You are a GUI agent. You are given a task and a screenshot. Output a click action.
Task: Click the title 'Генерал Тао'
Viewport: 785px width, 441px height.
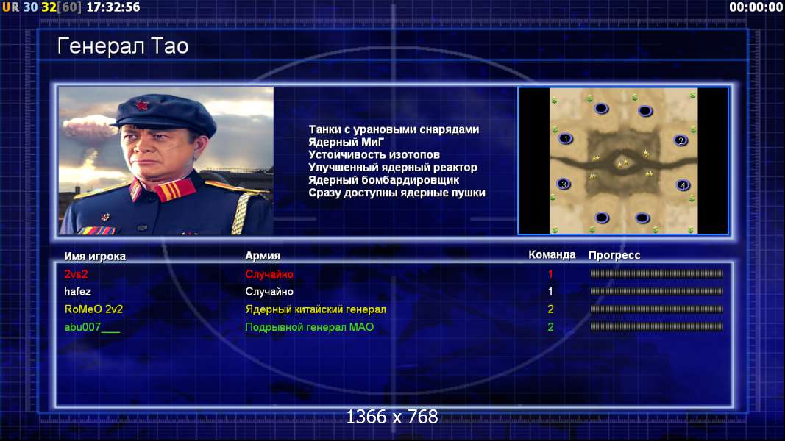tap(123, 46)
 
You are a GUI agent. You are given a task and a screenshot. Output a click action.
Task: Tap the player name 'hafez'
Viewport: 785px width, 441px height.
tap(77, 292)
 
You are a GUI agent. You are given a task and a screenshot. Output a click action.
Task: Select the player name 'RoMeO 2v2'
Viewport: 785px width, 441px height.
tap(93, 309)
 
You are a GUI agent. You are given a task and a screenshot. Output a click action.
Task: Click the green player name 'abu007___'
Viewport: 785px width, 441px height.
tap(92, 327)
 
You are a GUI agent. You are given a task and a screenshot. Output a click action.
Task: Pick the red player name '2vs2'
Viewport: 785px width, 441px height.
tap(76, 274)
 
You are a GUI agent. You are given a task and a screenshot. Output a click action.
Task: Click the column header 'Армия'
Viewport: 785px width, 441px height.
tap(263, 256)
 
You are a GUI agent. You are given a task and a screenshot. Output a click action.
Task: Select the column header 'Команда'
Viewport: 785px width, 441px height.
tap(552, 254)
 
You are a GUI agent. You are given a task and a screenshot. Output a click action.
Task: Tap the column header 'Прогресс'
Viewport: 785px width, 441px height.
tap(614, 255)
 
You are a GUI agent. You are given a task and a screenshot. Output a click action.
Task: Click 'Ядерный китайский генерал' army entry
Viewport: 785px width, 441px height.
tap(316, 309)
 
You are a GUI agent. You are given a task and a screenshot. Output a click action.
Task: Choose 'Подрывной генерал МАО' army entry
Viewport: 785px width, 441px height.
tap(310, 327)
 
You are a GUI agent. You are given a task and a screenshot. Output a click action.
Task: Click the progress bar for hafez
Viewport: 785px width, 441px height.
tap(656, 291)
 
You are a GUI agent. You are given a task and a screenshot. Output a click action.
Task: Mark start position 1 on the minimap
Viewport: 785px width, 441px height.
tap(566, 138)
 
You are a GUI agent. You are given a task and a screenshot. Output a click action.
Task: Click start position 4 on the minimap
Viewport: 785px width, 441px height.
tap(683, 185)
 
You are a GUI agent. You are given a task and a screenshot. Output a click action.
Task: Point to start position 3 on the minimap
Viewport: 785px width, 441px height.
tap(564, 184)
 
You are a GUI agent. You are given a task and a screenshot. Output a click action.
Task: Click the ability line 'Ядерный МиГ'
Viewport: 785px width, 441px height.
tap(346, 142)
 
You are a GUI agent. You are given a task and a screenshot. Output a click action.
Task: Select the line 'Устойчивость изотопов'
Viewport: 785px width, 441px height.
tap(374, 154)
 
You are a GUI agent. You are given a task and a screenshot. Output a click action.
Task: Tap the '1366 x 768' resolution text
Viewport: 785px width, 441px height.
tap(392, 417)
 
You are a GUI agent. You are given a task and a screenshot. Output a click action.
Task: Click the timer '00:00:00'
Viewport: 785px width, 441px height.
tap(756, 7)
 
